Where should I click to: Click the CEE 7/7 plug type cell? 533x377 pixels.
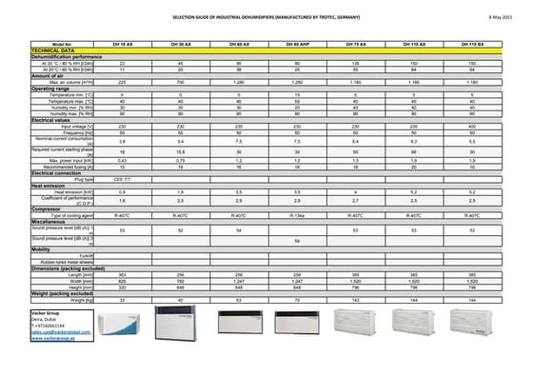[x=122, y=179]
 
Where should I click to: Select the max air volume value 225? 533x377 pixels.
[x=122, y=83]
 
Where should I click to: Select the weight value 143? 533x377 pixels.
[x=355, y=300]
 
